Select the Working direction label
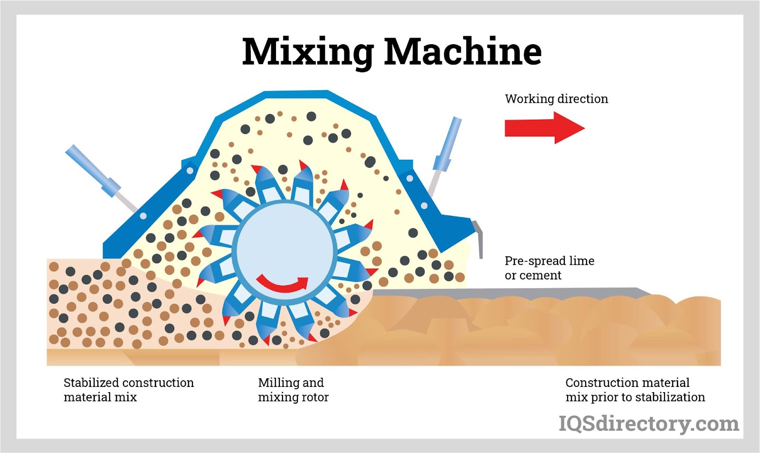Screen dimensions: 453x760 (x=556, y=99)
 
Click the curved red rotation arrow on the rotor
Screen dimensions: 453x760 (x=282, y=284)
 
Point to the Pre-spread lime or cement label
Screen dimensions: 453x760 (x=549, y=268)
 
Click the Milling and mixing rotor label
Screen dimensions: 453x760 (x=293, y=390)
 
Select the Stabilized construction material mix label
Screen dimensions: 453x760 (x=129, y=390)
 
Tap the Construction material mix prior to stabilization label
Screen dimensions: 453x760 (x=635, y=390)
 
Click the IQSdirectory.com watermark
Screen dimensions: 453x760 (x=648, y=424)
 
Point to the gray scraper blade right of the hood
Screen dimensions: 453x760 (x=479, y=238)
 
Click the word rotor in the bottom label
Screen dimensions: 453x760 (x=315, y=397)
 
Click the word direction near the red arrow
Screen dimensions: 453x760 (x=582, y=99)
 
